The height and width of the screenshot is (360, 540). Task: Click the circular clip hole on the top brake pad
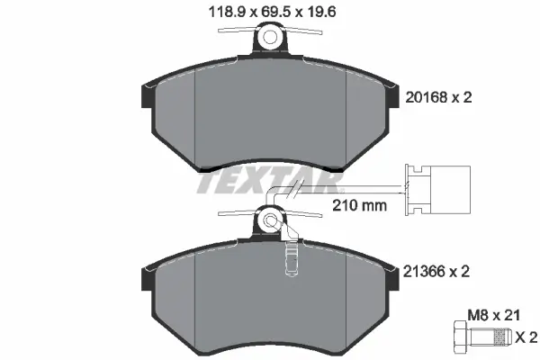click(x=270, y=38)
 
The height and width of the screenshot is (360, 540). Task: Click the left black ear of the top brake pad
click(x=146, y=93)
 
